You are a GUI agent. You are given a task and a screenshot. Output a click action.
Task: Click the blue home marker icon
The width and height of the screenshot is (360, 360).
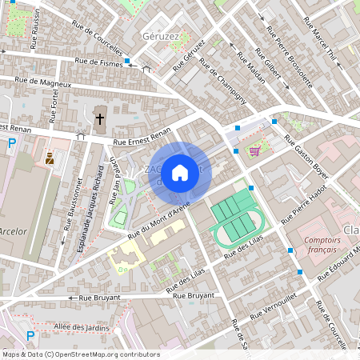pos(180,172)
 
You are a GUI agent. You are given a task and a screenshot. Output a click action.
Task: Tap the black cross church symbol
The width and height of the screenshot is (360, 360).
pos(100,119)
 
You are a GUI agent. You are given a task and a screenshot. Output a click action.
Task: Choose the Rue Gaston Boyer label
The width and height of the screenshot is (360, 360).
pos(304,154)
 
